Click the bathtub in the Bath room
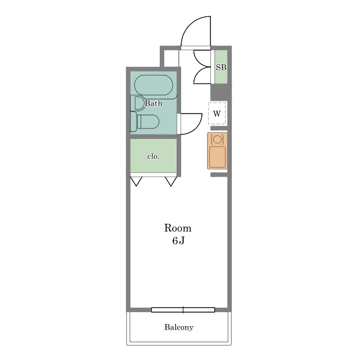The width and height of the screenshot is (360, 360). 154,85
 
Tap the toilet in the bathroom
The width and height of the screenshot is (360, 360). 145,121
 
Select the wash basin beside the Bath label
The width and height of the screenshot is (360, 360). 137,103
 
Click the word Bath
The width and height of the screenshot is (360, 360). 154,103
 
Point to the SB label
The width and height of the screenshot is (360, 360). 221,67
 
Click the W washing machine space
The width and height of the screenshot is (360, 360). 217,114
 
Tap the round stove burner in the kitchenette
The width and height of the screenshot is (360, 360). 217,139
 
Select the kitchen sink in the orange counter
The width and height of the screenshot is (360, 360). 218,157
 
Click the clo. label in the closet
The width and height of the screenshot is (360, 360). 154,156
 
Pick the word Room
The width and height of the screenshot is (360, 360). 178,228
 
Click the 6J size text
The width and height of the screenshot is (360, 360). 178,240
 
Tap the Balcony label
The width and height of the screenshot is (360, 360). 179,327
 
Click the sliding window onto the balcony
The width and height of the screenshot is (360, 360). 183,310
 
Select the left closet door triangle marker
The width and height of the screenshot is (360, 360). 136,181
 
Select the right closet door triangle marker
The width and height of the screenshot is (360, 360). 171,181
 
